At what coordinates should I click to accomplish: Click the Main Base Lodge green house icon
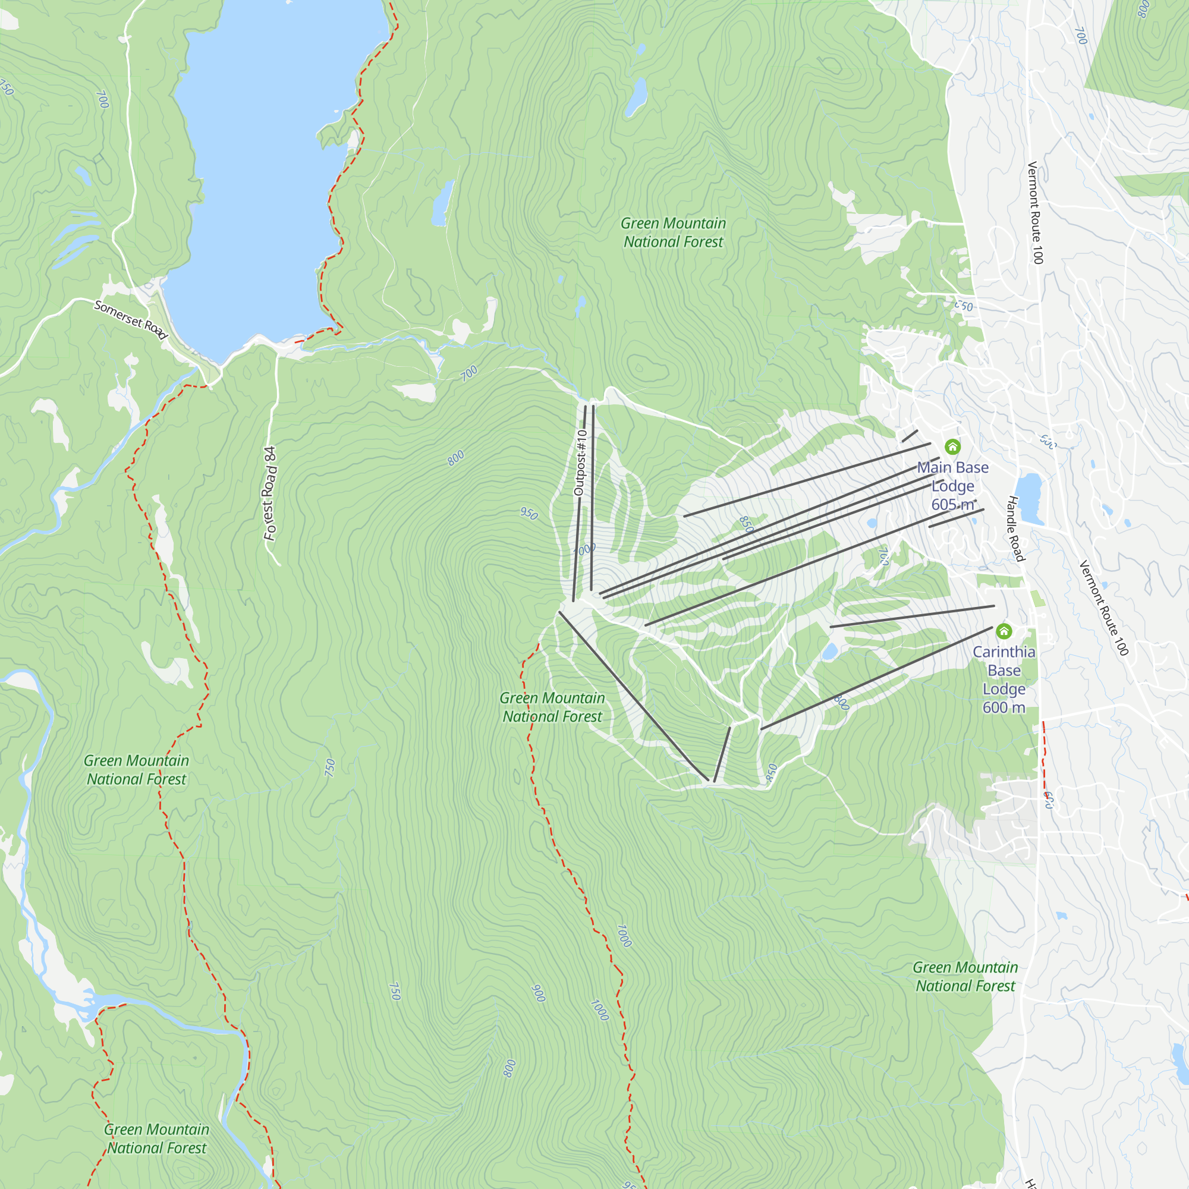point(952,447)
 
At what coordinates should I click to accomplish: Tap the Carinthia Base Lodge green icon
point(1004,631)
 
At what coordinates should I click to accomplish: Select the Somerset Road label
point(130,319)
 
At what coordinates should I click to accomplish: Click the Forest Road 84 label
point(270,493)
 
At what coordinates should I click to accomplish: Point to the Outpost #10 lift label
point(580,463)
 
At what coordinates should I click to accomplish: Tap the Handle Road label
point(1015,529)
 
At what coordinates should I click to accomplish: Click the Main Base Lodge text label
point(952,477)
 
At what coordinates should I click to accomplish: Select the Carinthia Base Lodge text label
point(1004,670)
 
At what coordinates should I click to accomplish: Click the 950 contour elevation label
point(529,513)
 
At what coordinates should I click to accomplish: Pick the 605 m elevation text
point(952,505)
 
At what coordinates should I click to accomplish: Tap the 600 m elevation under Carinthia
point(1004,707)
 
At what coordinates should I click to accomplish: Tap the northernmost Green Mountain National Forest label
point(674,232)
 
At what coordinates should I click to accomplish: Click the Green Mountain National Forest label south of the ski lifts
point(552,707)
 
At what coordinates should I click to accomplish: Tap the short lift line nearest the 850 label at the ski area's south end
point(722,754)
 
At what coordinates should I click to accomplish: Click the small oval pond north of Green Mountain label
point(636,97)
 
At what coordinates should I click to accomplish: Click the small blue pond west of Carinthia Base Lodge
point(829,652)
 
